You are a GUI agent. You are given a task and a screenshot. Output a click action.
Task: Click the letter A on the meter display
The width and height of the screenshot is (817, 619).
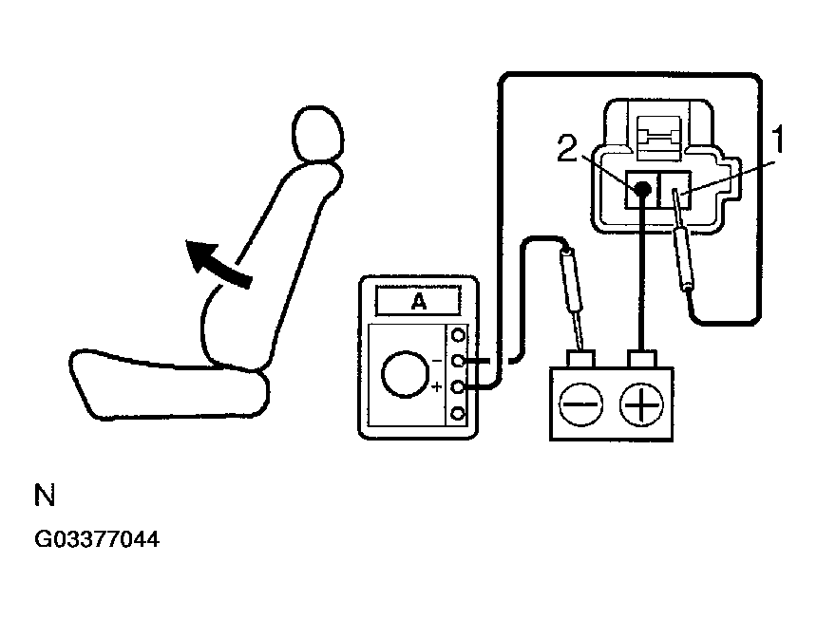pos(418,302)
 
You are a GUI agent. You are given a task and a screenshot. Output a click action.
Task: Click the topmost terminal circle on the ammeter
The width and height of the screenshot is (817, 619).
pos(459,335)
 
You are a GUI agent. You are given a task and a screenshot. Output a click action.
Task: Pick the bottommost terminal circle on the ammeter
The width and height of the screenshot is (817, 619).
pos(459,413)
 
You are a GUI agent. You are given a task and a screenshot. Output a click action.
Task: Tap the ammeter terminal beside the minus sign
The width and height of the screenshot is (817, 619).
pos(459,362)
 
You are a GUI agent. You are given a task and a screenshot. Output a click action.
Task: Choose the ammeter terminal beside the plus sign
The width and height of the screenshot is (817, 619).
pos(459,387)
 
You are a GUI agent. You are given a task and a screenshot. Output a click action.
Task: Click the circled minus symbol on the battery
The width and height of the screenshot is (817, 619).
pos(579,406)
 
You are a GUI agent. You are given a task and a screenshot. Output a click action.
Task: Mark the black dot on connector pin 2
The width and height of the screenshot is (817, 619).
pos(642,191)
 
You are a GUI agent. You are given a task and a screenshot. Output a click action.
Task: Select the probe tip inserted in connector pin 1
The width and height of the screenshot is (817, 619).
pos(676,200)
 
